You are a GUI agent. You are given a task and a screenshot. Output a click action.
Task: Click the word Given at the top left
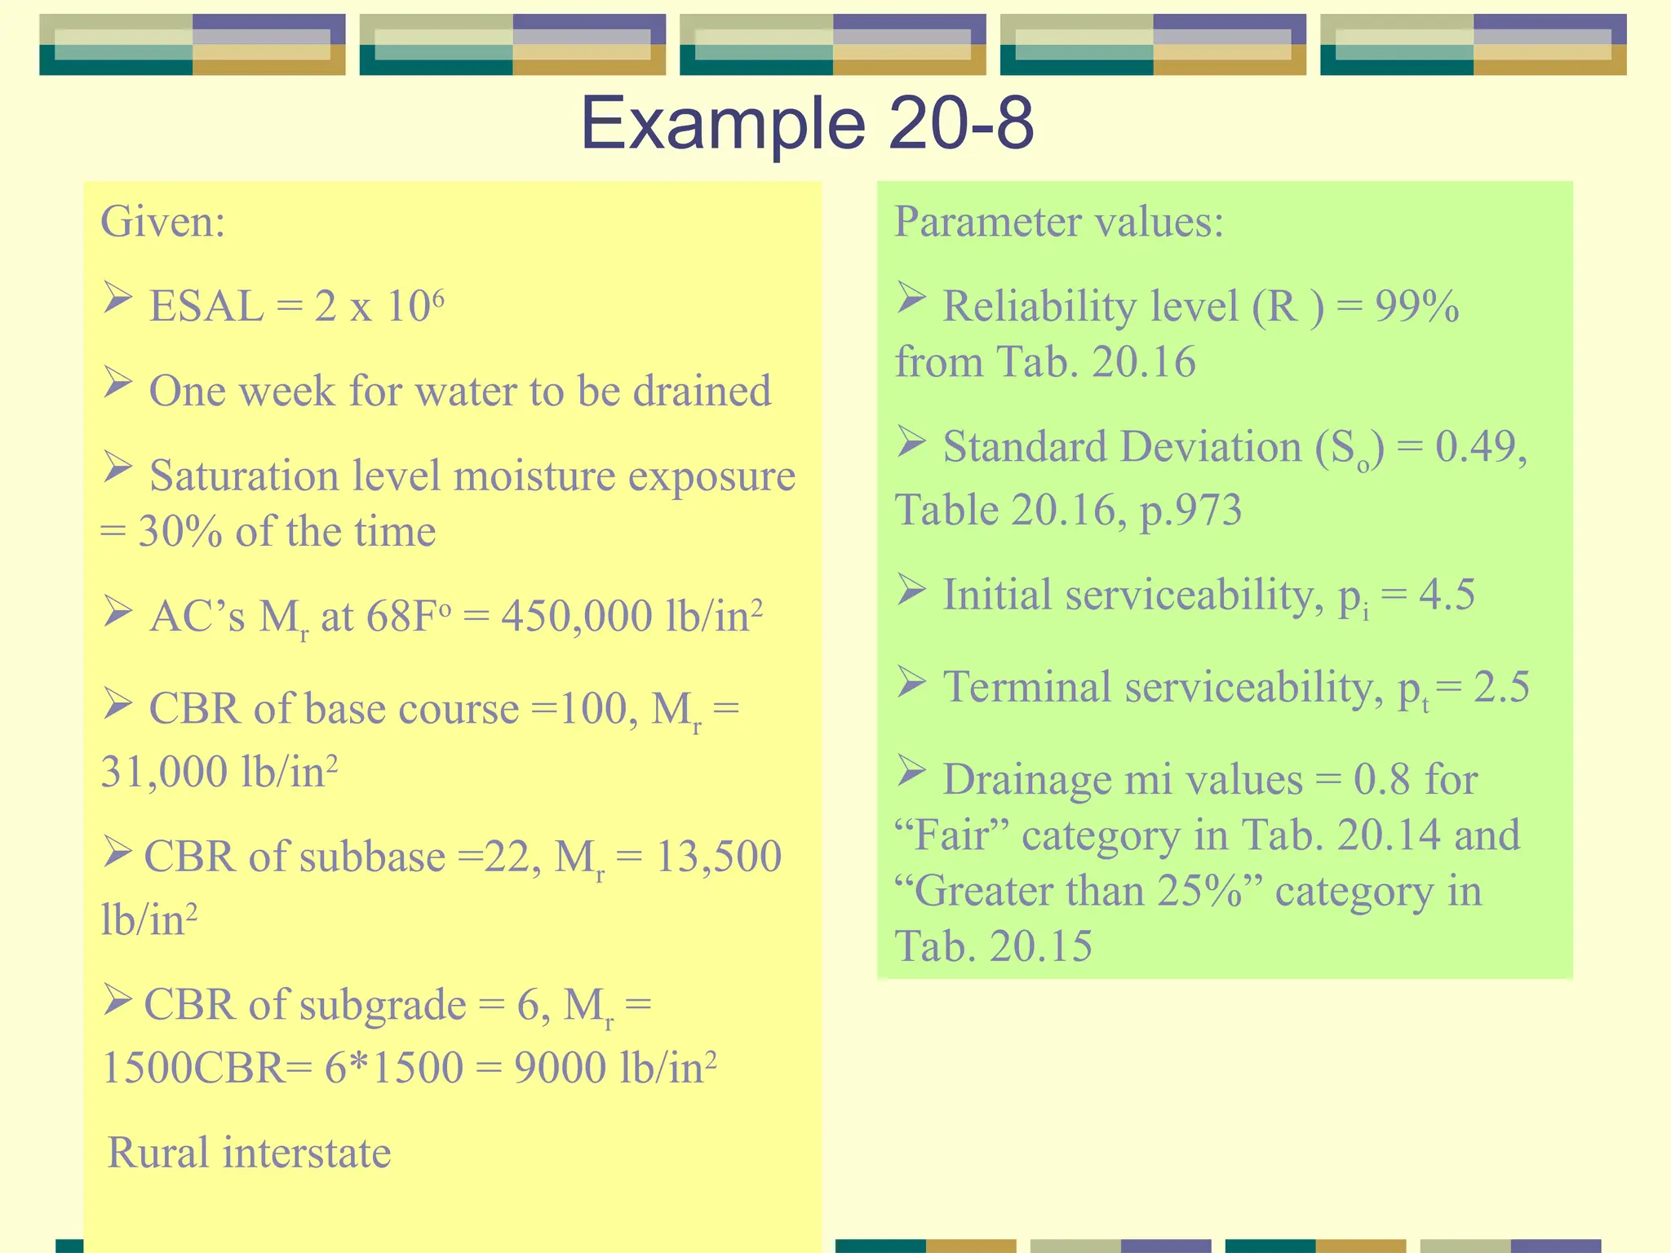[162, 221]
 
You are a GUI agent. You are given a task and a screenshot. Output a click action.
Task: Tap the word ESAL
[206, 307]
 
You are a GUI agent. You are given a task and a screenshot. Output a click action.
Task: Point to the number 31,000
[164, 772]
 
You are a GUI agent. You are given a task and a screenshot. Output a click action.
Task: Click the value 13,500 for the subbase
[718, 857]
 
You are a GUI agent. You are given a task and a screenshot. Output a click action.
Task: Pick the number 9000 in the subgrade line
[560, 1068]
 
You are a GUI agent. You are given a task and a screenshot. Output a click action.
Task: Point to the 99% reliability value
[1417, 307]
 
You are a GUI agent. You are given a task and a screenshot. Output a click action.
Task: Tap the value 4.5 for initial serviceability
[1447, 595]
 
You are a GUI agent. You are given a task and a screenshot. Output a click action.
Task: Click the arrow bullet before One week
[117, 382]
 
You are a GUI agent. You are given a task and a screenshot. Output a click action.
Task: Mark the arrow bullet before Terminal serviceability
[911, 681]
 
